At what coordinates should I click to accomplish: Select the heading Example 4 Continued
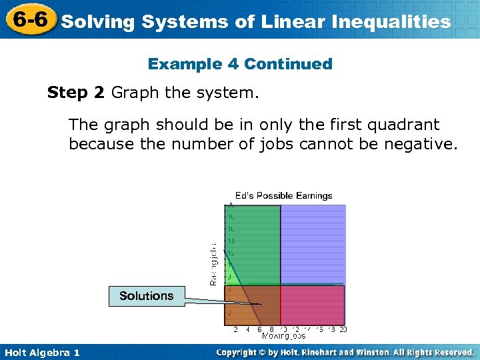tap(240, 64)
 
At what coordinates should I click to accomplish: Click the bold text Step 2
tap(75, 93)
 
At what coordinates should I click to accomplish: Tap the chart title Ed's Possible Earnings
tap(283, 195)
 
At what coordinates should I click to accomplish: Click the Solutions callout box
tap(146, 295)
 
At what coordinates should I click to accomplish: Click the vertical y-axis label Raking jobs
tap(213, 264)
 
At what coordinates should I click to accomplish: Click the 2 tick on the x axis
tap(235, 329)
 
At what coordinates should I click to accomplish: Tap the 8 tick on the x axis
tap(271, 329)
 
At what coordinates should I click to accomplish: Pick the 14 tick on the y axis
tap(231, 241)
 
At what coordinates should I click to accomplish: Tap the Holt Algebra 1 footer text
tap(41, 352)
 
